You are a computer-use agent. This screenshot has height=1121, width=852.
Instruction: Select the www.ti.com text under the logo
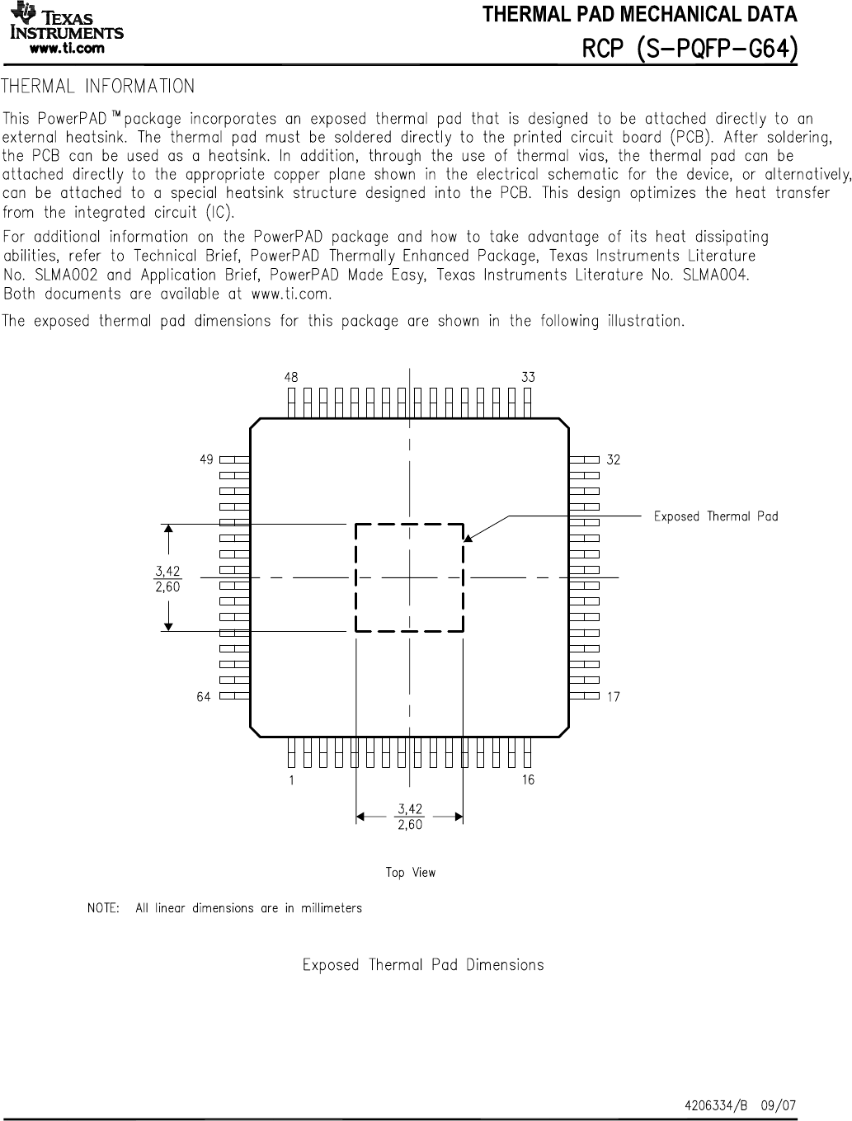click(67, 48)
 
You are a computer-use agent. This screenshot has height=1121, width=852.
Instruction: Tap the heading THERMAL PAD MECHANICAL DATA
click(639, 15)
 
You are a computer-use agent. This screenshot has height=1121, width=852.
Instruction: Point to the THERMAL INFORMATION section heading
click(99, 87)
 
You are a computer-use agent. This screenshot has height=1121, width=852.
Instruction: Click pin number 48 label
click(291, 377)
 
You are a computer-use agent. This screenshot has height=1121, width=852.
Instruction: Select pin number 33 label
click(528, 377)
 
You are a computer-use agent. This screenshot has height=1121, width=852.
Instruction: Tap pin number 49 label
click(206, 459)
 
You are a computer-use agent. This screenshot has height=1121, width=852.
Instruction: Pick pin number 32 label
click(613, 459)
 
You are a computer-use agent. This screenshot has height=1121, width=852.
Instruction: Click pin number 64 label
click(203, 697)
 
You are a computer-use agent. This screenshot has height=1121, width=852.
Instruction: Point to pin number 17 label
click(613, 697)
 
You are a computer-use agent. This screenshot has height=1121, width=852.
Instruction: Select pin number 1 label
click(291, 780)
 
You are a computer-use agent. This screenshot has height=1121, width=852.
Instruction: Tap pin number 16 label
click(528, 780)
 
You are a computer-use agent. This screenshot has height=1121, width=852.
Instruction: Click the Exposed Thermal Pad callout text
click(715, 516)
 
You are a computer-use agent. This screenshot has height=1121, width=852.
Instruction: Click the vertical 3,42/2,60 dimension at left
click(167, 578)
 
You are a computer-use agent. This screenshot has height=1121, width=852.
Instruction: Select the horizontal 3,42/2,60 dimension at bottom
click(410, 817)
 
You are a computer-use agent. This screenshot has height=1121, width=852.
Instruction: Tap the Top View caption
click(410, 872)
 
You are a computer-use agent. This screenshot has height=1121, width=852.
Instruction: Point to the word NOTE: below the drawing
click(103, 908)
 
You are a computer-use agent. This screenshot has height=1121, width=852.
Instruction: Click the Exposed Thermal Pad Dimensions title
click(423, 964)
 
